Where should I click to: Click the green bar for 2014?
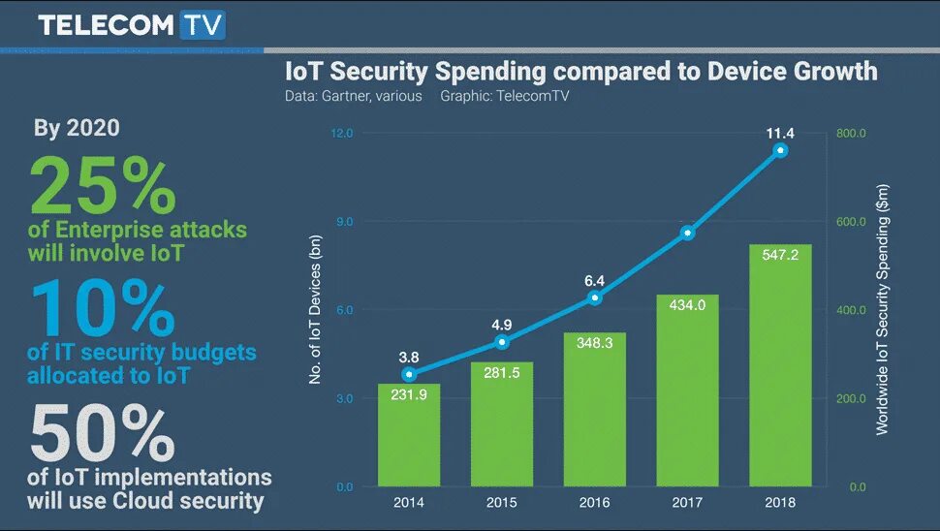[408, 436]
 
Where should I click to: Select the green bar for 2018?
[781, 368]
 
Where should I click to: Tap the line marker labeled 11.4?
[781, 150]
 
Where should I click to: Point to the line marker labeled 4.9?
[501, 342]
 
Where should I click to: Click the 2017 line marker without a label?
[687, 233]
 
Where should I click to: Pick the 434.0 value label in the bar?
[687, 305]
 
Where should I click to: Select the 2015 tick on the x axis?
[501, 503]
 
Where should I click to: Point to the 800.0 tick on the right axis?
[851, 133]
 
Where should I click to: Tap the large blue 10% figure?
[103, 308]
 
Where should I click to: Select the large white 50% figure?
[103, 432]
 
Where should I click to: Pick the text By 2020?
[77, 128]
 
